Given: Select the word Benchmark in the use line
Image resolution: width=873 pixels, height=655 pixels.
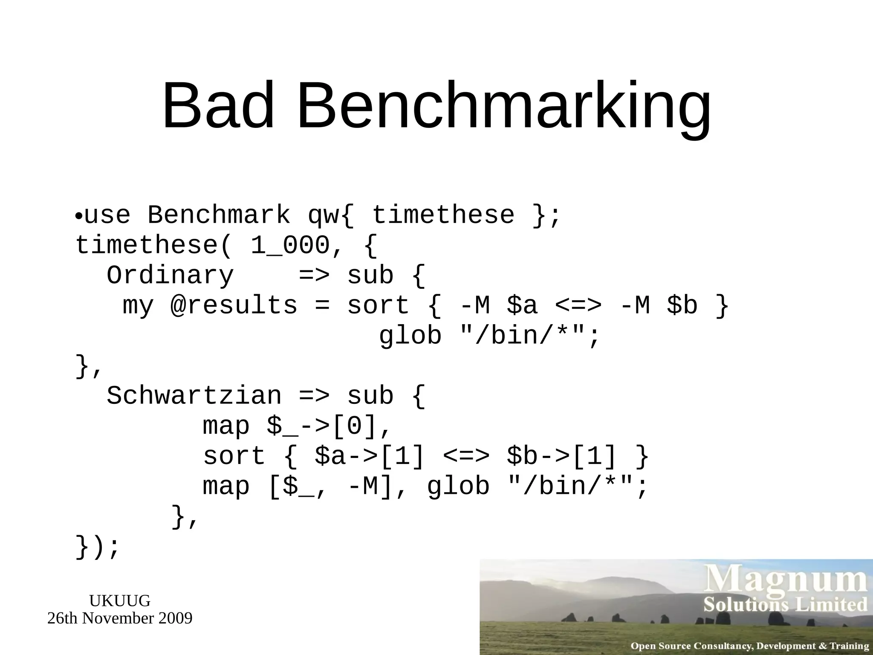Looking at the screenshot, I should [x=219, y=214].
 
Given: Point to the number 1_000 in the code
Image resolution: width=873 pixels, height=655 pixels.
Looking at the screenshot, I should [x=290, y=245].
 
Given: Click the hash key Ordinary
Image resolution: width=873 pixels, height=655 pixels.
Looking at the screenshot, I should [x=170, y=275].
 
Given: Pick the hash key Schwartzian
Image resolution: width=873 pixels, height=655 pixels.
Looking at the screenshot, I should [x=194, y=396].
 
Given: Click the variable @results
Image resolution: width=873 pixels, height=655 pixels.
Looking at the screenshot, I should [x=234, y=305].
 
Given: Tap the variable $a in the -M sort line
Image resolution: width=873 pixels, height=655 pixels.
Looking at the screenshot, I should [x=522, y=305].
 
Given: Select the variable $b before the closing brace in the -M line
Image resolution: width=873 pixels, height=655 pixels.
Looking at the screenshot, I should [x=682, y=305].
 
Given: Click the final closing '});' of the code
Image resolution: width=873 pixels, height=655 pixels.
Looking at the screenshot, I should [x=97, y=547].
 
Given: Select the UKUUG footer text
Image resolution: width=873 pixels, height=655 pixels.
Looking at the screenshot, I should [x=119, y=600].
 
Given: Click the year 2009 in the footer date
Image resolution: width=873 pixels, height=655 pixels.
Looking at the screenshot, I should [x=175, y=618].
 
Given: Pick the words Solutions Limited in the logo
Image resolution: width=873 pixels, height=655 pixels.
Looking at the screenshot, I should [x=785, y=605].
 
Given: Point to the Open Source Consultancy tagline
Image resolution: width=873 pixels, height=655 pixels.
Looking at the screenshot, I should [x=749, y=646].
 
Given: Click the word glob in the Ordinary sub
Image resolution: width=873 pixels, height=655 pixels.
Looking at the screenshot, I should [x=410, y=336].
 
